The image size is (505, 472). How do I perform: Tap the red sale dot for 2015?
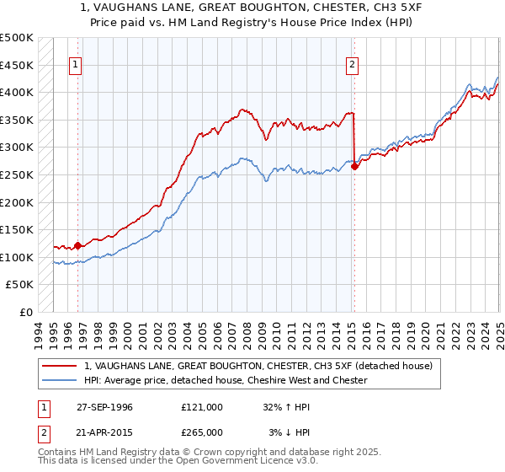click(354, 166)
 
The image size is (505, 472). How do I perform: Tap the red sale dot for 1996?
click(78, 245)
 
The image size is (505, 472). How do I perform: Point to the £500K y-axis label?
click(17, 38)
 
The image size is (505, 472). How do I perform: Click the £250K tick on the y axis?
click(17, 174)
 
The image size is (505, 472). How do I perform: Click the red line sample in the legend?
click(60, 366)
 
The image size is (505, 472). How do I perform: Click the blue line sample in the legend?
click(60, 380)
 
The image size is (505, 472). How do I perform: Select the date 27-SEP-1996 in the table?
click(104, 406)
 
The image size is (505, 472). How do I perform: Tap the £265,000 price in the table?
click(202, 432)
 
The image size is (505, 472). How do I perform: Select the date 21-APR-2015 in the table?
click(104, 432)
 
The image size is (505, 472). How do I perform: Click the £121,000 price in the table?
click(202, 406)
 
